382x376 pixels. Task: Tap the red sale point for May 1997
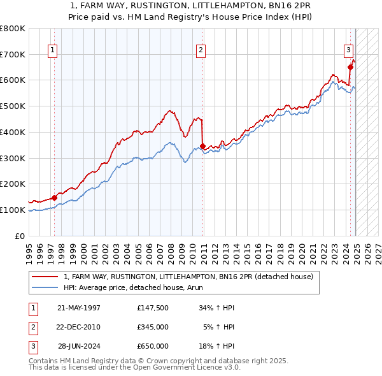point(55,198)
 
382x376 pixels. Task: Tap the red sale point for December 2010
point(202,146)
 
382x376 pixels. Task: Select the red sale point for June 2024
point(350,67)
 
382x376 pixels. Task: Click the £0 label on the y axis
point(20,236)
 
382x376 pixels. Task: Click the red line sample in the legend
point(44,277)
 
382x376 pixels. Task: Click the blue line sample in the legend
point(44,287)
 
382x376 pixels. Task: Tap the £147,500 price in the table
point(153,308)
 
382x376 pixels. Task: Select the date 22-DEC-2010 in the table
point(79,327)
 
